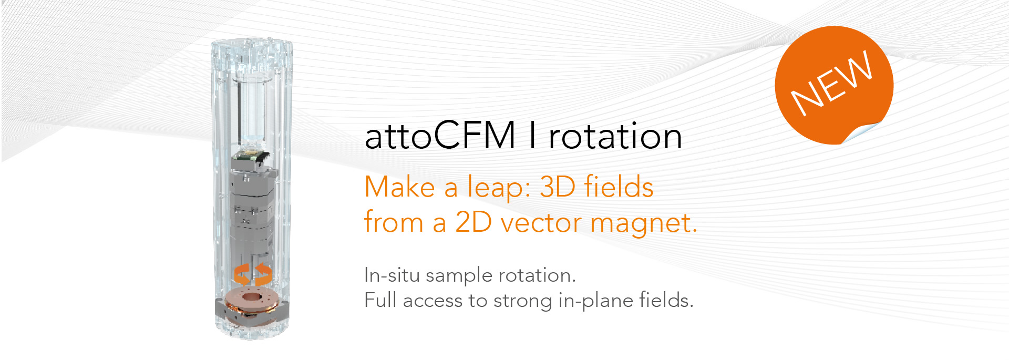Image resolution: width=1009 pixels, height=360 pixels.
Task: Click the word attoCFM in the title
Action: pos(440,136)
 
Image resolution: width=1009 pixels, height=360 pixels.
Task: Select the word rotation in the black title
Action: pos(615,136)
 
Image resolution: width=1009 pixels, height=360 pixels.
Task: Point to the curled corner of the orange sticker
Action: pos(862,132)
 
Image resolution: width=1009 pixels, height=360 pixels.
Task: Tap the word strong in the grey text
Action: pos(523,301)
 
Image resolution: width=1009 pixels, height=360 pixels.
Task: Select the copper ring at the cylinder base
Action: pos(252,299)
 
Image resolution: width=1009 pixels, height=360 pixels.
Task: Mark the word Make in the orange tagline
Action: pos(399,187)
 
